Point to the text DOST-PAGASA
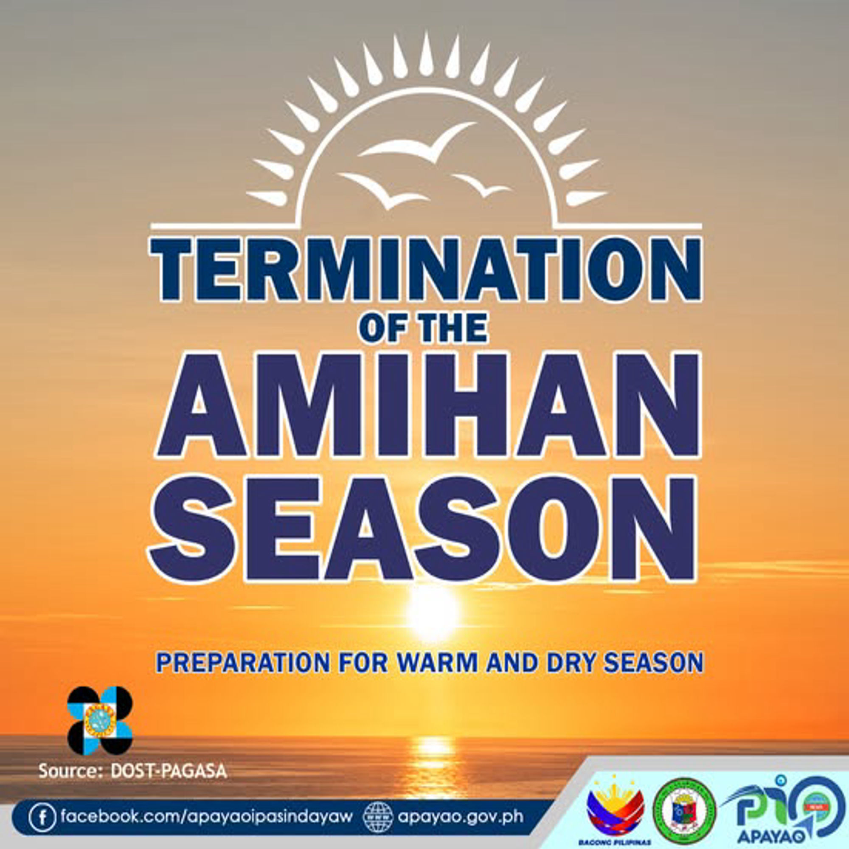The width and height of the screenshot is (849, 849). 169,771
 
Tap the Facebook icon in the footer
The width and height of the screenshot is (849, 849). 42,816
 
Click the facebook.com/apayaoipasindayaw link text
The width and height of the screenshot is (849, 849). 207,816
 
